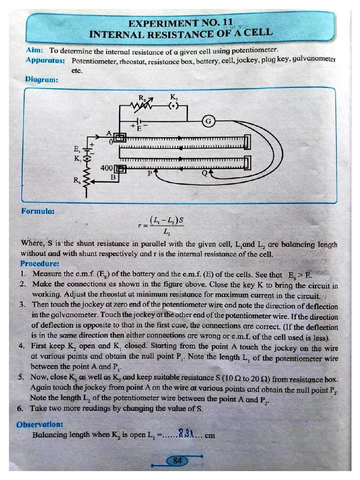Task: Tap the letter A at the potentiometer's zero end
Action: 110,133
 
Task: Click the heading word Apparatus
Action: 45,60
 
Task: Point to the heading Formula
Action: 38,211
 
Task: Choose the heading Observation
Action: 40,425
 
